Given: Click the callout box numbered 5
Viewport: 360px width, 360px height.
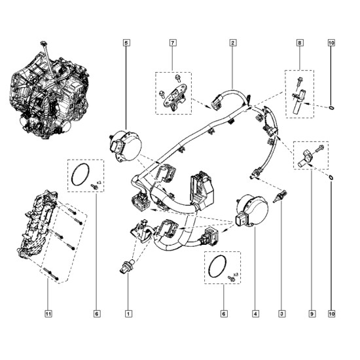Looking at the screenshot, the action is [x=126, y=43].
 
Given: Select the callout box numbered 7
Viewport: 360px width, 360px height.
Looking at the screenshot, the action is [x=173, y=43].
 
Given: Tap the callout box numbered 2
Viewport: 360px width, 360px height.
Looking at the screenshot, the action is [x=233, y=43].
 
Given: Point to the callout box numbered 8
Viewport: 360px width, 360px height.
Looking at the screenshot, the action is [x=300, y=43].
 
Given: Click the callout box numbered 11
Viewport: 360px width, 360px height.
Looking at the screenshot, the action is [x=48, y=314].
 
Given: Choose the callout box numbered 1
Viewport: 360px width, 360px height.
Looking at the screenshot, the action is [x=128, y=314].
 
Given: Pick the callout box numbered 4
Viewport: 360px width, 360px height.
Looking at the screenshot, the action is [x=255, y=314].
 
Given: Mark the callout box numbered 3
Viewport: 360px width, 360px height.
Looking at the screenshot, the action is [x=282, y=314].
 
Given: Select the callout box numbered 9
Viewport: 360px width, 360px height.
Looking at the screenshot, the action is [x=312, y=314].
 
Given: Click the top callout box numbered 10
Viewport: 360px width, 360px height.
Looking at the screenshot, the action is [x=332, y=43].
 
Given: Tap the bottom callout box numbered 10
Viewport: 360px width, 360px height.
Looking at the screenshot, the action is [x=332, y=314].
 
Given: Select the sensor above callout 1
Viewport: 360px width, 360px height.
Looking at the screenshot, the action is [x=127, y=267].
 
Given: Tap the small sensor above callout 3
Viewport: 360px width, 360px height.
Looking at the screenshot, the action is [x=279, y=196].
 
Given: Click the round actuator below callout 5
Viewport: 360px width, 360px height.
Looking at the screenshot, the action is [x=125, y=146].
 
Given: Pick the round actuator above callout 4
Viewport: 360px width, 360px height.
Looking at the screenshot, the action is [x=251, y=211].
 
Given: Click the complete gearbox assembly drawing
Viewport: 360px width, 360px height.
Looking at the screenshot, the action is [x=49, y=92].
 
